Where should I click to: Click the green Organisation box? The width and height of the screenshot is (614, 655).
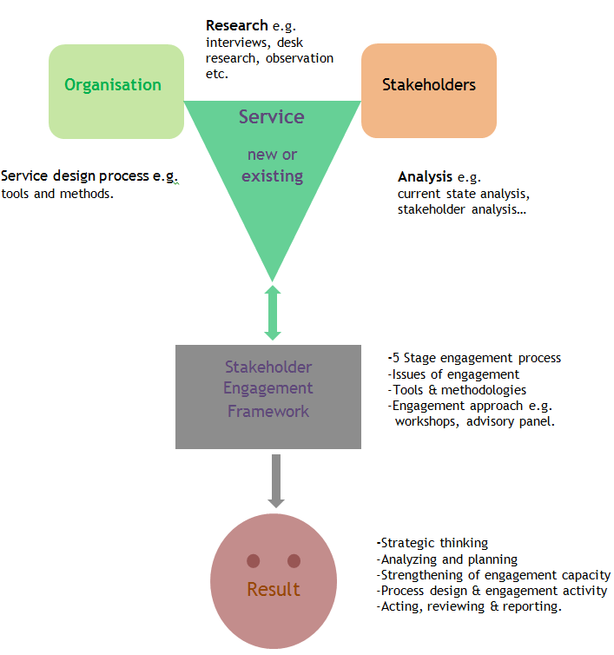click(116, 91)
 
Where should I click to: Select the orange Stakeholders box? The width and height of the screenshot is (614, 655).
click(428, 91)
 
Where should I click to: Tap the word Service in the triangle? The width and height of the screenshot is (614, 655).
click(272, 116)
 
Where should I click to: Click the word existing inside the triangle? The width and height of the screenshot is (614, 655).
click(272, 176)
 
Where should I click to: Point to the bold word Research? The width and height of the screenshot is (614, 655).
click(236, 25)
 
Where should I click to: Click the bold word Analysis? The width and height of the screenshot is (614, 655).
click(425, 176)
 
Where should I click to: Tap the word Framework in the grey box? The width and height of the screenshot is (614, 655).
click(268, 411)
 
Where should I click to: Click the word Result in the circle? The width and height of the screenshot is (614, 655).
click(274, 589)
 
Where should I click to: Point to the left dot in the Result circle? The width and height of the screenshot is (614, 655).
click(254, 560)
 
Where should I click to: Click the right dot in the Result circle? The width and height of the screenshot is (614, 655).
click(294, 560)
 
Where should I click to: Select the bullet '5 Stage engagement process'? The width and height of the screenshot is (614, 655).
click(475, 358)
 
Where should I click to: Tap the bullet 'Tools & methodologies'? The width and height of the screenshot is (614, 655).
click(459, 390)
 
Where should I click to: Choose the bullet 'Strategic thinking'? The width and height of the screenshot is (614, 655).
click(432, 543)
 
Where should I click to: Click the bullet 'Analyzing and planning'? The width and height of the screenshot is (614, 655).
click(447, 559)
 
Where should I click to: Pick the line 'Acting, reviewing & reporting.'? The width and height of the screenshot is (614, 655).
click(469, 606)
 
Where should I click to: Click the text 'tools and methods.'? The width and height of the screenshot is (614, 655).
click(57, 194)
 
